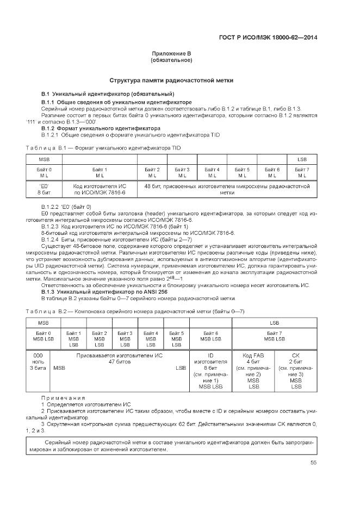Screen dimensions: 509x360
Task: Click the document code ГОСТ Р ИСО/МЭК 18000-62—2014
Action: pos(277,38)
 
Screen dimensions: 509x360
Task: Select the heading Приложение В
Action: pos(171,53)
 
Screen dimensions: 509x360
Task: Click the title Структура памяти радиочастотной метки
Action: pos(171,80)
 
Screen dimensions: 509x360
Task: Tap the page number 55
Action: pos(314,463)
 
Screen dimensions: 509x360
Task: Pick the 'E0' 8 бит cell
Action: pos(44,189)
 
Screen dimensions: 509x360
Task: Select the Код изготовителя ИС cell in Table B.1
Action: pos(100,189)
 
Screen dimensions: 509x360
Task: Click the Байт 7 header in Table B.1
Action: pos(302,173)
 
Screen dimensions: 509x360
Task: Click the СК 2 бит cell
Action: pos(296,371)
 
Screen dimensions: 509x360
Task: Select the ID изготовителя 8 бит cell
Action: pos(210,371)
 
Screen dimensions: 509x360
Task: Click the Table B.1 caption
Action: pos(103,148)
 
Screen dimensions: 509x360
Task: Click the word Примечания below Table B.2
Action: pos(64,398)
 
